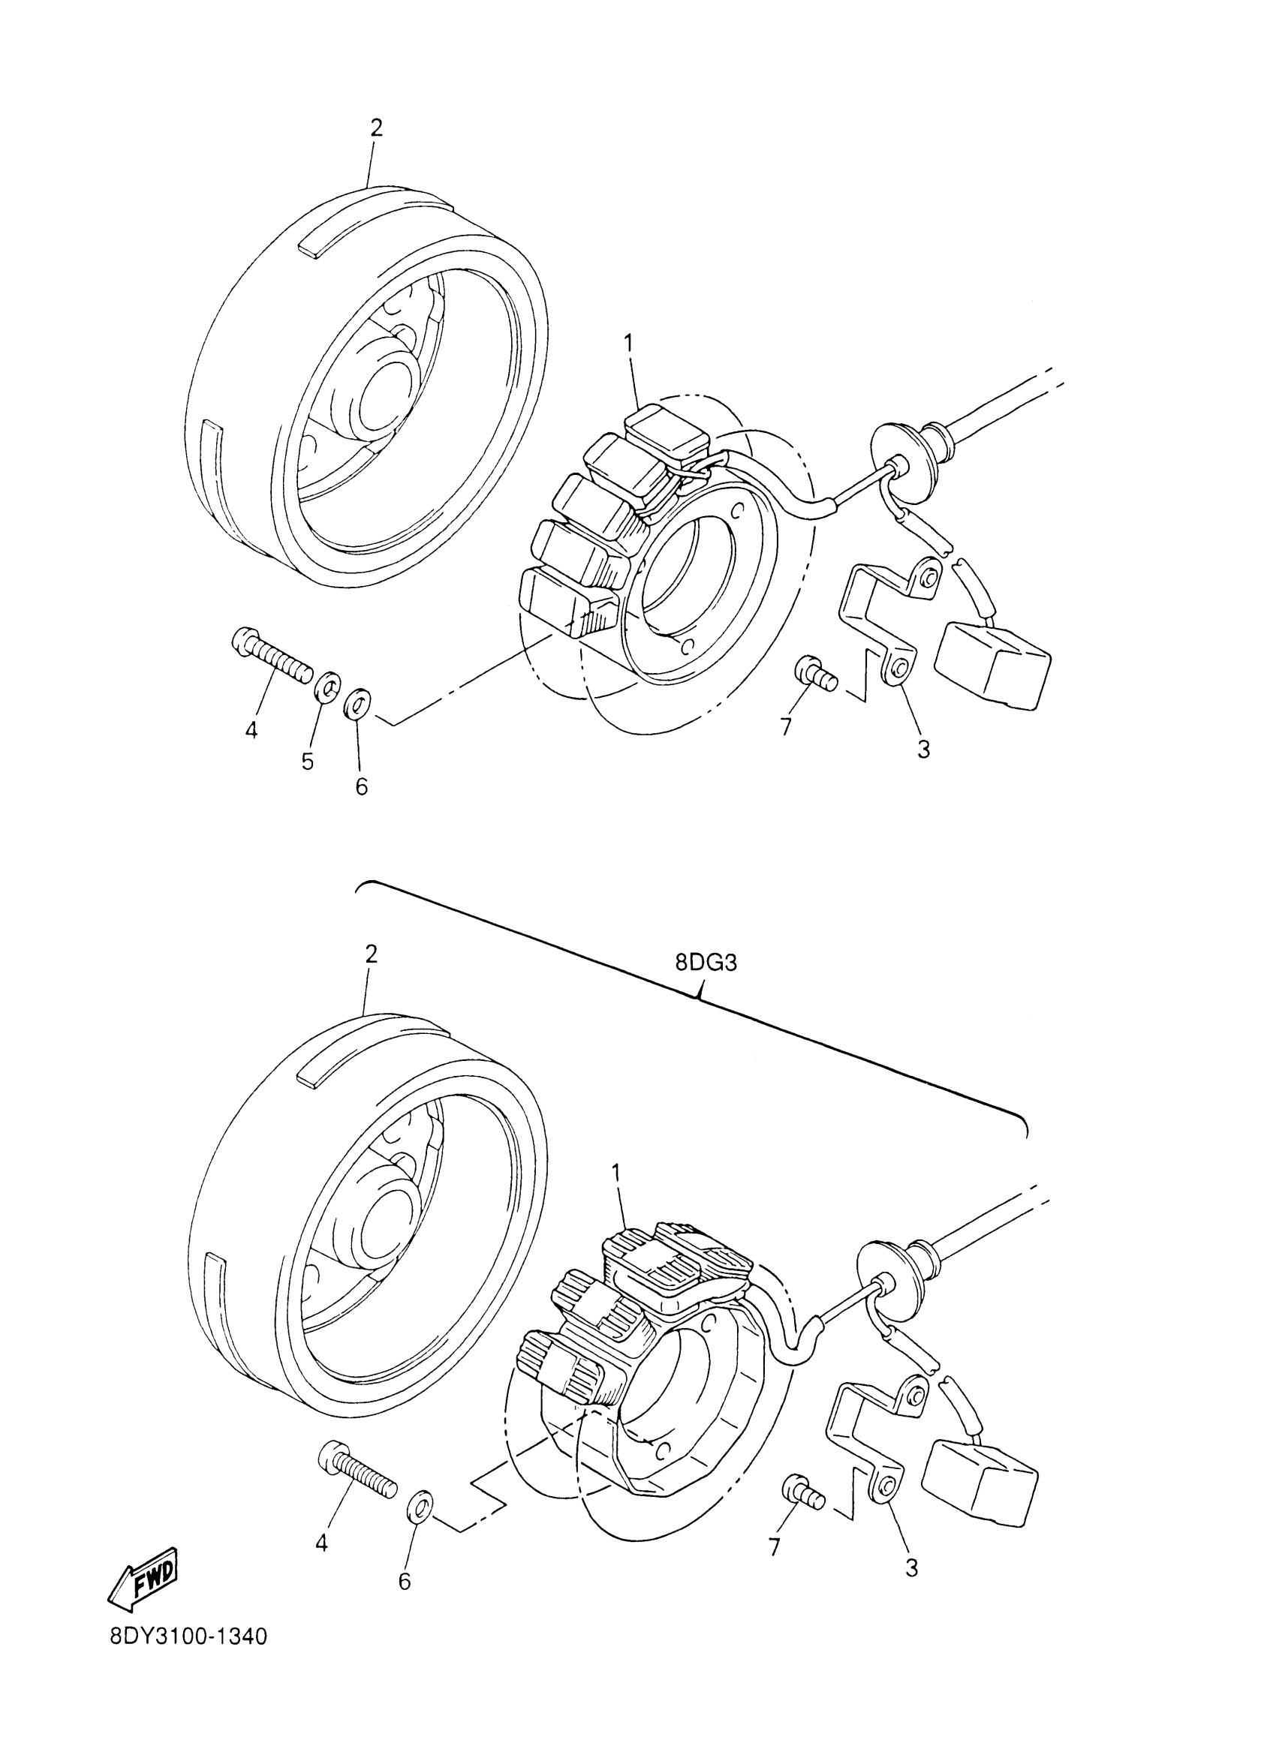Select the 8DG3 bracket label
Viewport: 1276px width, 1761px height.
pos(706,963)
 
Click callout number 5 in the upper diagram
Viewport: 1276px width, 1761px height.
pos(308,762)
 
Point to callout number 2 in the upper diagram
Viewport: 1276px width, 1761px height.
pos(377,128)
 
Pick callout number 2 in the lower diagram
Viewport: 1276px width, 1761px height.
pos(372,954)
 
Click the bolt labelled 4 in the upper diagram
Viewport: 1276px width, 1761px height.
pos(272,656)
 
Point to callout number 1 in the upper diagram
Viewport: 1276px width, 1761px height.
pos(628,341)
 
